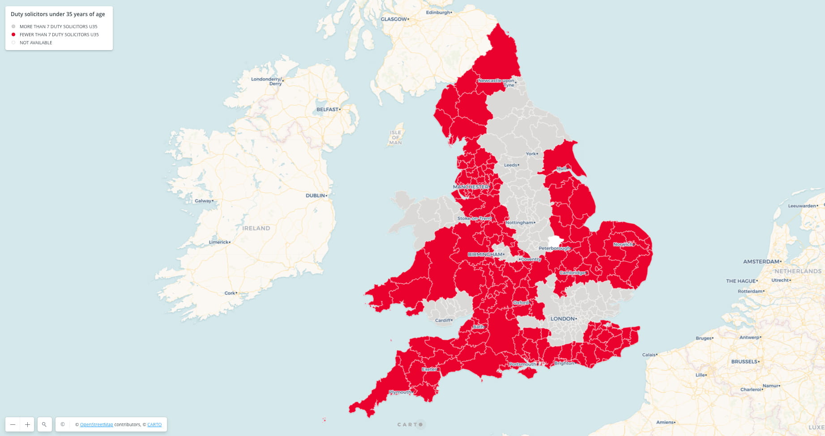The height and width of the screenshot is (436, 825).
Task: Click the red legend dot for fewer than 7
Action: [x=13, y=34]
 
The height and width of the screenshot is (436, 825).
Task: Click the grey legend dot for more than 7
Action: [x=13, y=26]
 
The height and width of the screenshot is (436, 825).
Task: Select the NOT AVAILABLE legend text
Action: [x=36, y=42]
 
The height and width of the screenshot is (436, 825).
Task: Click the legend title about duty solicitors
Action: [x=58, y=14]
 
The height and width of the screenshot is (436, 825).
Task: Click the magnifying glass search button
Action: [x=44, y=424]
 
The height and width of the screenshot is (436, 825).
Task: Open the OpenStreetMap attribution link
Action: [x=96, y=424]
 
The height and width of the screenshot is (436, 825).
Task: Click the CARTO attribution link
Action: [x=154, y=424]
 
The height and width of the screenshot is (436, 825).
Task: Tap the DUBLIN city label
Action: [x=316, y=195]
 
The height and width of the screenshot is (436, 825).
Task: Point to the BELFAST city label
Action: [x=327, y=109]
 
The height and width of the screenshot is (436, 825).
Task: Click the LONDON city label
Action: [x=562, y=318]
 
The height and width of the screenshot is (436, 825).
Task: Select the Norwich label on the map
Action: [x=623, y=244]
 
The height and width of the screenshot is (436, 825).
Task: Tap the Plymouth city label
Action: [x=400, y=392]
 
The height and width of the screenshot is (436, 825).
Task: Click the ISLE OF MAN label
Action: [x=396, y=137]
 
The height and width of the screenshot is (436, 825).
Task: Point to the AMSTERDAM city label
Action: [x=761, y=261]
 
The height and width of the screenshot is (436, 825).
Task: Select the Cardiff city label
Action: [x=443, y=320]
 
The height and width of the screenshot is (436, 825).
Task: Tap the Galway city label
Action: [x=203, y=201]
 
